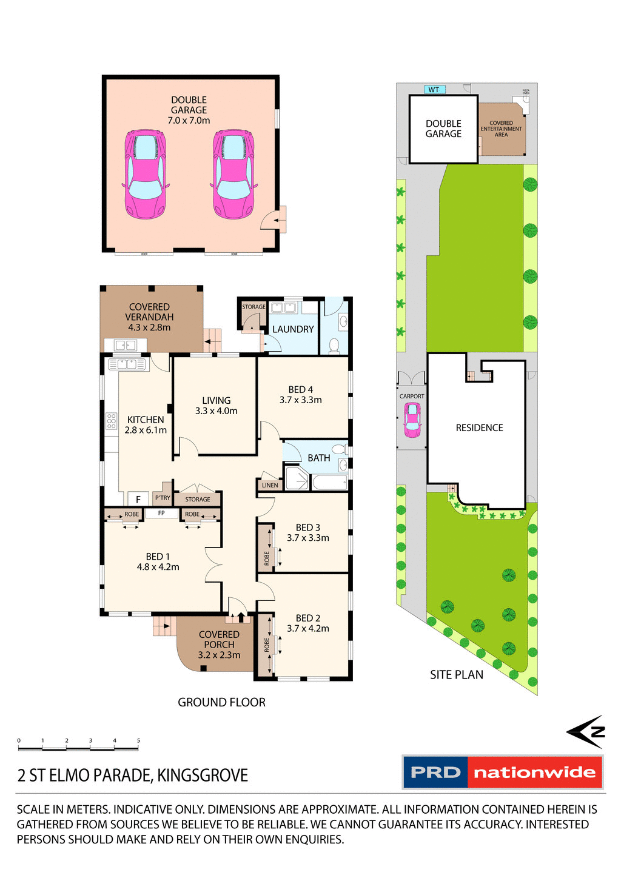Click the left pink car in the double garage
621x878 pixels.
pos(145,174)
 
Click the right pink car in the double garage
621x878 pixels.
pos(233,174)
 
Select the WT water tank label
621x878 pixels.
pos(434,90)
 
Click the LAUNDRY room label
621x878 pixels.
pos(293,329)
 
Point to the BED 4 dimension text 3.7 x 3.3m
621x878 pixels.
pos(300,400)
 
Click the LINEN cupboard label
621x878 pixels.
pos(270,485)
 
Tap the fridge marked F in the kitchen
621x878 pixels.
pos(138,499)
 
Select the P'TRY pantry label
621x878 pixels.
pos(163,498)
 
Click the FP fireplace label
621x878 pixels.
pos(161,513)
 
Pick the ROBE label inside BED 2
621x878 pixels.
pos(267,645)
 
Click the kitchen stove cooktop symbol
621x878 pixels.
pos(111,421)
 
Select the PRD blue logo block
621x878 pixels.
pos(435,772)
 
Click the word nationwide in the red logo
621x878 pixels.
pos(534,772)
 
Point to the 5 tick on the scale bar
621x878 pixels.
pos(138,741)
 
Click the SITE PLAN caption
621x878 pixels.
pos(457,675)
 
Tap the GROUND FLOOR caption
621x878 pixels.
pos(221,702)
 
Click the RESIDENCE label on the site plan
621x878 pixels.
pos(479,428)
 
